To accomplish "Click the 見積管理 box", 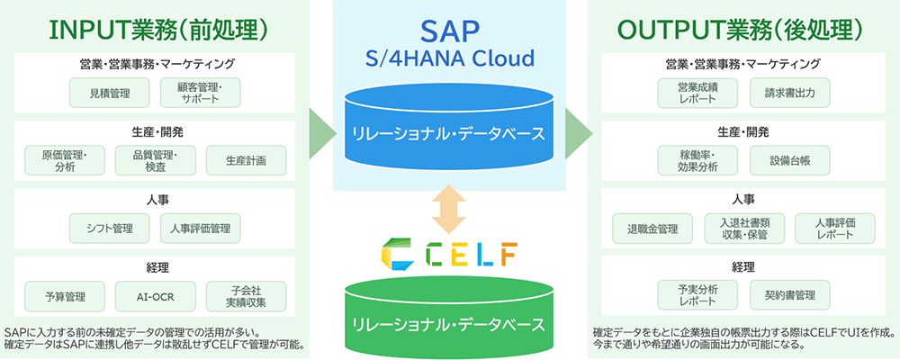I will (x=109, y=93).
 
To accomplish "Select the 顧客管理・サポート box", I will (x=200, y=93).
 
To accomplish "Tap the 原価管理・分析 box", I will (x=64, y=160).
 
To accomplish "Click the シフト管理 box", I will (x=109, y=229).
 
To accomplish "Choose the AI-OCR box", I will (x=155, y=296).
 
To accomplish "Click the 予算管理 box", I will (x=64, y=296).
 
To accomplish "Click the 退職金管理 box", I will (x=652, y=229).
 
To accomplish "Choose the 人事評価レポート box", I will (x=834, y=229).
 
